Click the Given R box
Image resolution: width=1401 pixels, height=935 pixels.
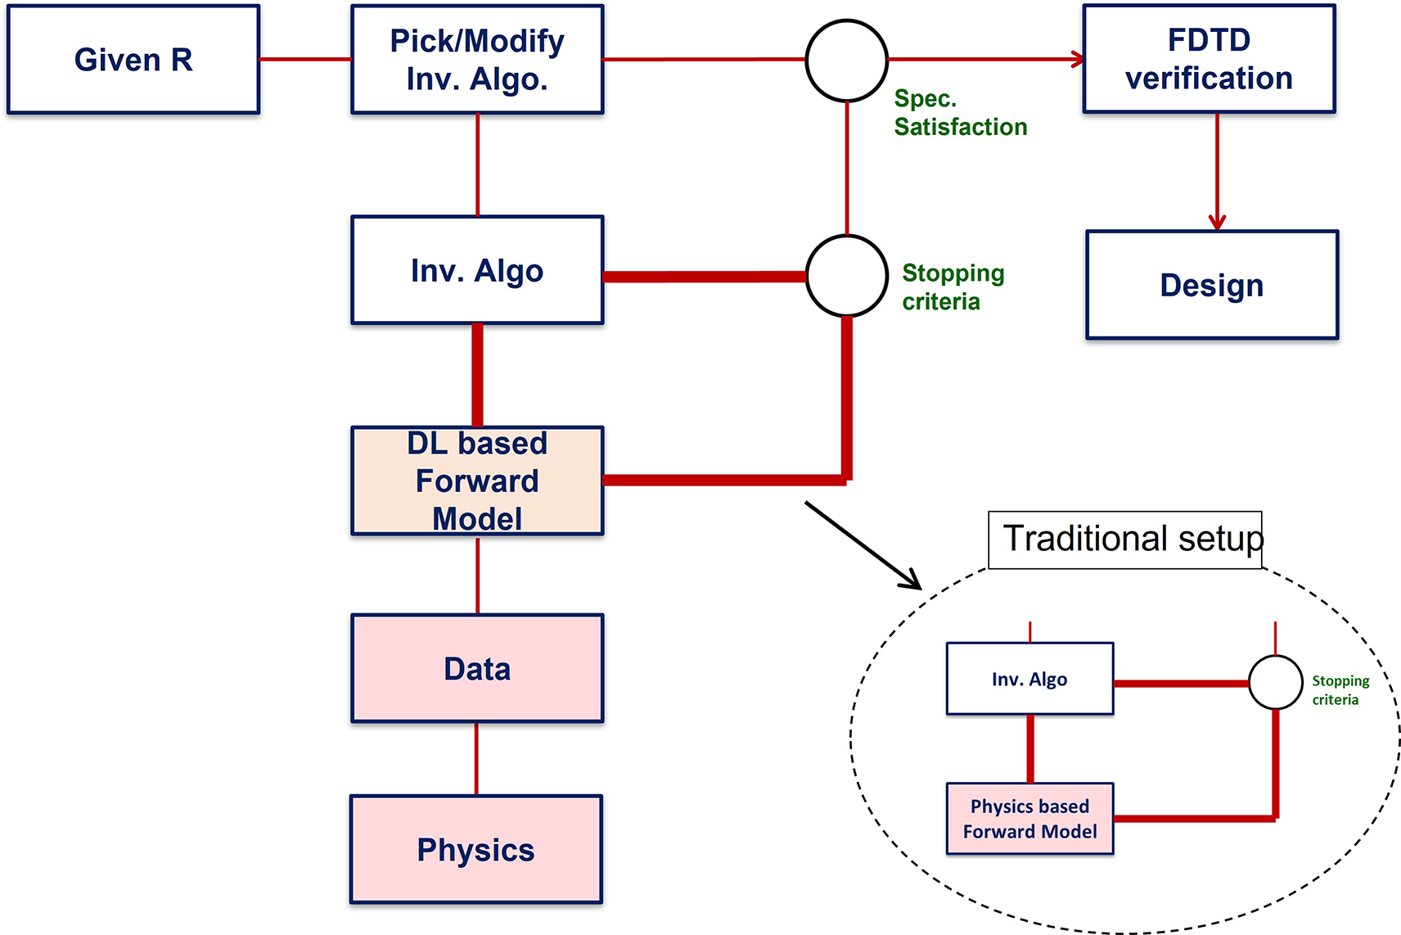tap(133, 59)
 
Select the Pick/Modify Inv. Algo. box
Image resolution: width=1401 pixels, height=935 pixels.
tap(477, 59)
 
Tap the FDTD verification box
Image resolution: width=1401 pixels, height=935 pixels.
tap(1209, 59)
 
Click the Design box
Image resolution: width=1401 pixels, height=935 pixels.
tap(1212, 285)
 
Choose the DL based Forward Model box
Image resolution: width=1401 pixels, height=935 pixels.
tap(477, 481)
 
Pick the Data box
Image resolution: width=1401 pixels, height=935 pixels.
tap(477, 668)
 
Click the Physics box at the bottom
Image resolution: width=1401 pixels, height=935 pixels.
tap(476, 849)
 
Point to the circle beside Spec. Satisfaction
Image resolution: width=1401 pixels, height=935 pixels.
tap(847, 61)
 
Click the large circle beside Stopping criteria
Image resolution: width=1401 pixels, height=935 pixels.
tap(847, 276)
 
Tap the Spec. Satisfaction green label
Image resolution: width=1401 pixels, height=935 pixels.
tap(959, 113)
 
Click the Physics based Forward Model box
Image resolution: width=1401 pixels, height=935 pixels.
tap(1029, 819)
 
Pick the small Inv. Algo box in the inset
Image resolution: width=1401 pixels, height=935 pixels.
tap(1029, 679)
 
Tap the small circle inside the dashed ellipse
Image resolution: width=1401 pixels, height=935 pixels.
tap(1275, 682)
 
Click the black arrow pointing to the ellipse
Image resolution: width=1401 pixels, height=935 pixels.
tap(863, 545)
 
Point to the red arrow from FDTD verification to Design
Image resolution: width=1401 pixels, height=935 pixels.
tap(1217, 172)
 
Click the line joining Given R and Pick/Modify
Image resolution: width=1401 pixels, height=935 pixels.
tap(305, 59)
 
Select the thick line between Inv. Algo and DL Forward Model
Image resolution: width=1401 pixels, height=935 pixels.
tap(477, 375)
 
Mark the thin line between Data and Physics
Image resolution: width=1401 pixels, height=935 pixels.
tap(477, 758)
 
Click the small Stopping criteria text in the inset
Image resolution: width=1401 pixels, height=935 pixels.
tap(1340, 690)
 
